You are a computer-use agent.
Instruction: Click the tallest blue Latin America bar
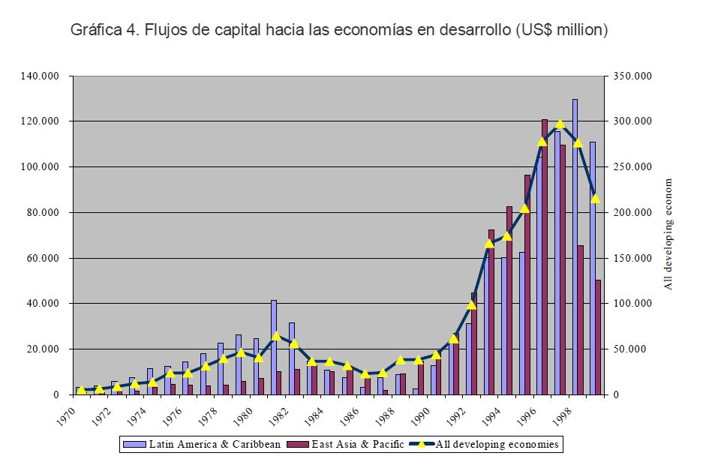pyautogui.click(x=575, y=247)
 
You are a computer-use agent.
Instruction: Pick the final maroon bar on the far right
pyautogui.click(x=598, y=337)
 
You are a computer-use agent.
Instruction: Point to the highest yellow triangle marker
pyautogui.click(x=560, y=123)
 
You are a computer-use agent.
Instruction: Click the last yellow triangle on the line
pyautogui.click(x=596, y=199)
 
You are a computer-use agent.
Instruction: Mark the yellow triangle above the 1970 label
pyautogui.click(x=81, y=390)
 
